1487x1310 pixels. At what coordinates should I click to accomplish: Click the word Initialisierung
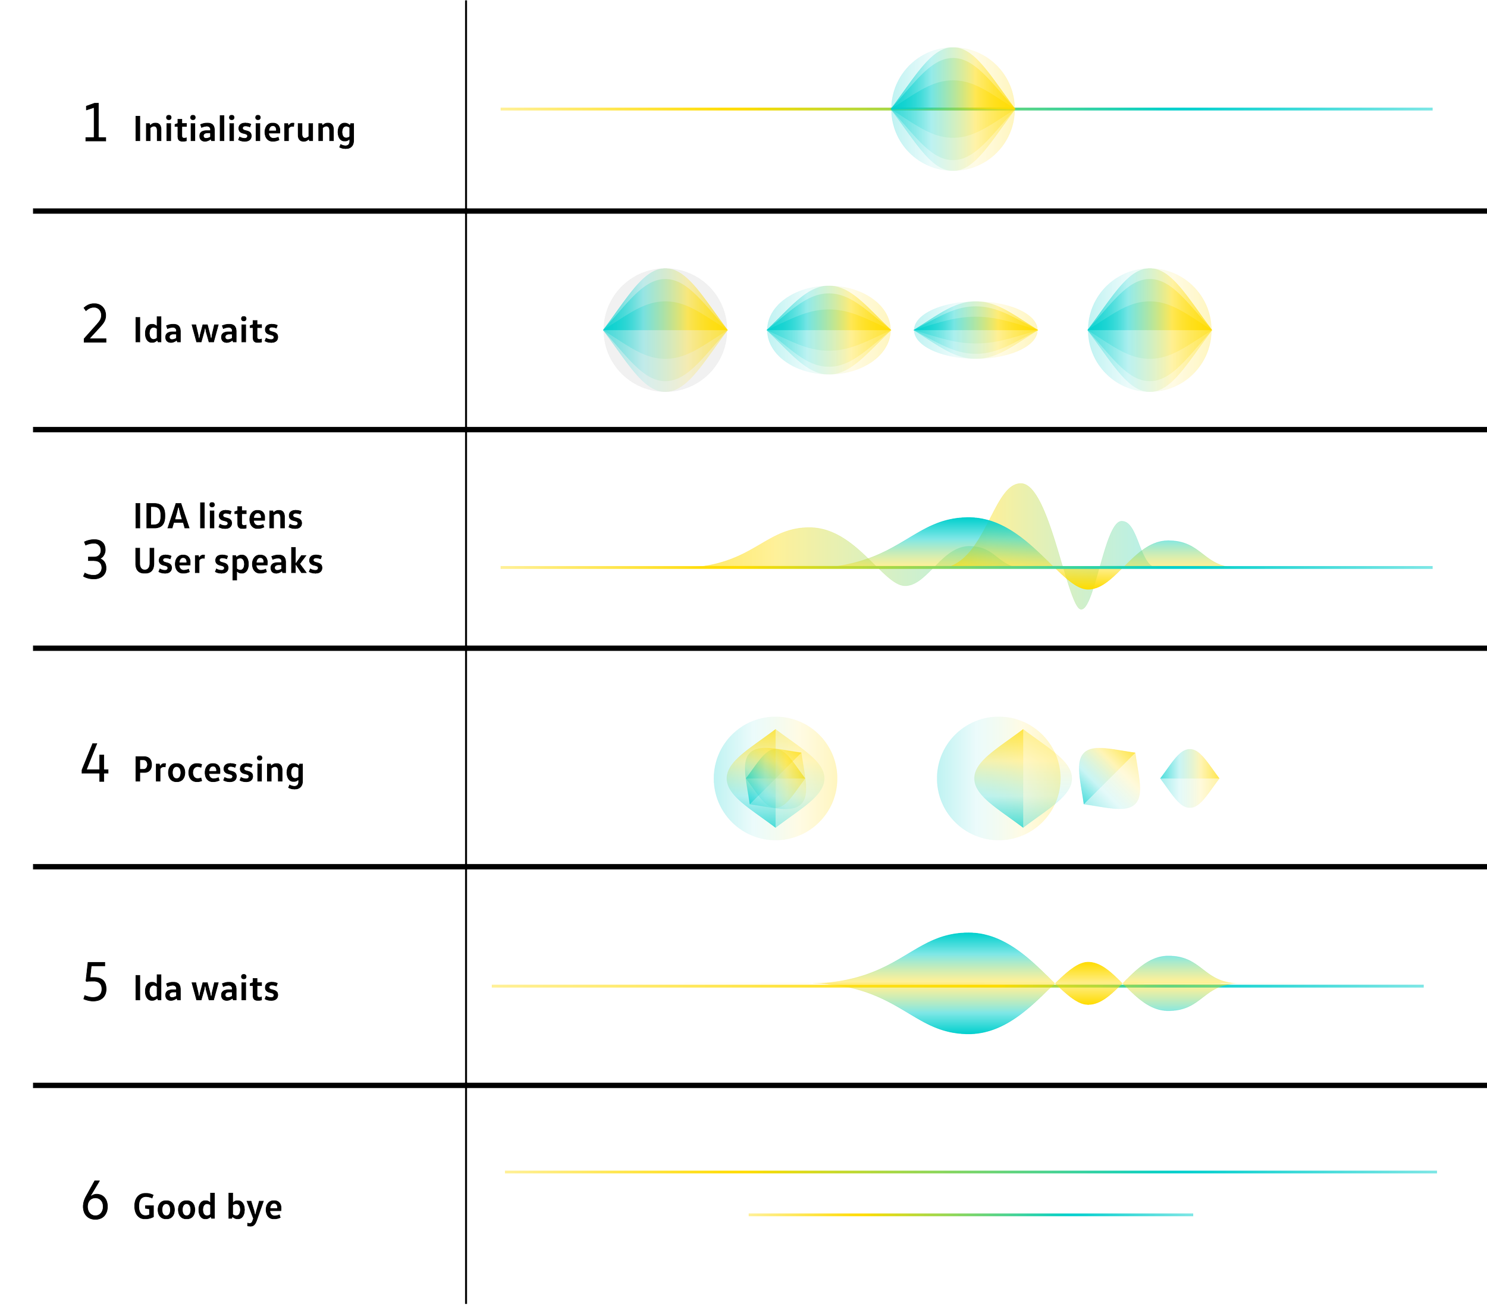point(244,130)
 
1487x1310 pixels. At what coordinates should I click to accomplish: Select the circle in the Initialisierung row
point(952,109)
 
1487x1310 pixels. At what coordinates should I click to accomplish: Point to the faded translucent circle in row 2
point(665,329)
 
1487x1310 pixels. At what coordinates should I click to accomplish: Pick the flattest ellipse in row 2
point(975,329)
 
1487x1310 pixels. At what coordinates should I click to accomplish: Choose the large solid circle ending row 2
point(1149,329)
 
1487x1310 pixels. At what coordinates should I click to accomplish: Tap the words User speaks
point(228,561)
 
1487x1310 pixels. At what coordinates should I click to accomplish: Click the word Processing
point(218,769)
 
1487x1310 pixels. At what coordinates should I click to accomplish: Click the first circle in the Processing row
point(775,778)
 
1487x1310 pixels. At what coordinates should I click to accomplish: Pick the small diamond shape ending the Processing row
point(1189,778)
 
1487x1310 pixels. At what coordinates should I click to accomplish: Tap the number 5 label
point(95,981)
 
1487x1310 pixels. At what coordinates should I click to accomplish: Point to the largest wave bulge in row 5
point(968,984)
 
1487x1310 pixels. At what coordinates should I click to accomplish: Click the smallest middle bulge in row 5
point(1088,984)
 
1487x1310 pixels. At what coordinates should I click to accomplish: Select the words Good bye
point(208,1207)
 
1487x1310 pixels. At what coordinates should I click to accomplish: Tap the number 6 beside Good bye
point(95,1201)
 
